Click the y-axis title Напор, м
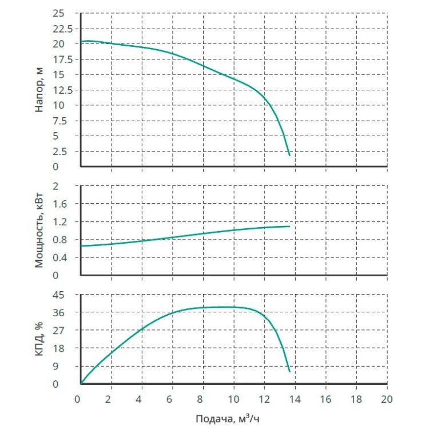39,90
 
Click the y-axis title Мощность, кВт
39,231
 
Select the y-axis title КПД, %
39,339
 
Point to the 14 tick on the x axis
295,398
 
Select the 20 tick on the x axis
387,398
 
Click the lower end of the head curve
290,155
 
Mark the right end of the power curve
289,227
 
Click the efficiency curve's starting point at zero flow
81,383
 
